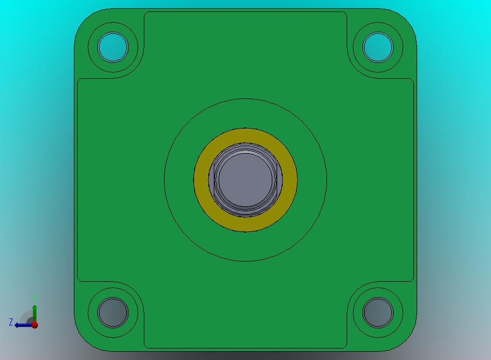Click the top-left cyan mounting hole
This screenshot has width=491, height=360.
click(113, 47)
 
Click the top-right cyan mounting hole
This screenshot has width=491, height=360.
click(378, 47)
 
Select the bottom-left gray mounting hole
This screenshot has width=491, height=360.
click(113, 312)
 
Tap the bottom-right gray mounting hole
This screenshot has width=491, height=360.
click(378, 312)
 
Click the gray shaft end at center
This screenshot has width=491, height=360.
click(245, 180)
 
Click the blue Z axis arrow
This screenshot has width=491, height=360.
click(23, 325)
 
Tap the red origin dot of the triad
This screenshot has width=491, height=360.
click(35, 325)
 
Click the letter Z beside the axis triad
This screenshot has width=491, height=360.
click(11, 322)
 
